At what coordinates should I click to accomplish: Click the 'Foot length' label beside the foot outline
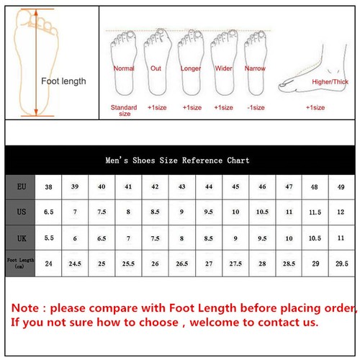coord(63,81)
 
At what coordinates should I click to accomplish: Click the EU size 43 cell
coord(181,186)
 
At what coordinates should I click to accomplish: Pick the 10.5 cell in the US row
coord(262,212)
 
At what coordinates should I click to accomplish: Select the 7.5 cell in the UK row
coord(155,238)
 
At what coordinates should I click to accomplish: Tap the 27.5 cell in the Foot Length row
coord(235,263)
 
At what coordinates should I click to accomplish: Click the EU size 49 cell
coord(340,186)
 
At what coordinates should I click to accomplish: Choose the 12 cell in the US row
coord(340,212)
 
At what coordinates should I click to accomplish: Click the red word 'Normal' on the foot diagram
coord(124,68)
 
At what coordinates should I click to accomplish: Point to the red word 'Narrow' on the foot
coord(255,68)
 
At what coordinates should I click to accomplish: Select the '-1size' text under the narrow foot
coord(255,107)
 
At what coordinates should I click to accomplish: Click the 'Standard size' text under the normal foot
coord(124,110)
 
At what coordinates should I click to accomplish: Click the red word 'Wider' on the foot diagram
coord(224,68)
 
